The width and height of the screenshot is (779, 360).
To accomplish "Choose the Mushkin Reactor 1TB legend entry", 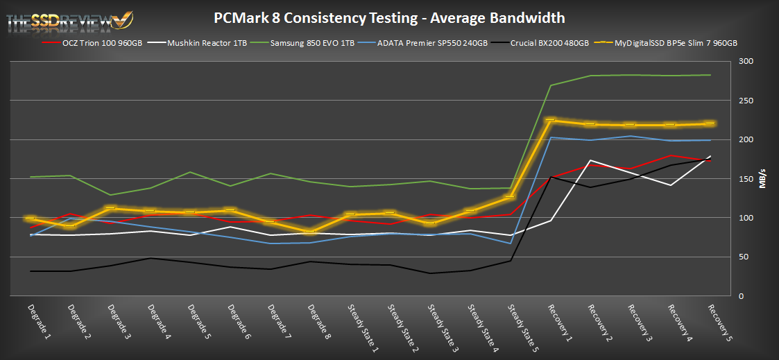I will point(207,43).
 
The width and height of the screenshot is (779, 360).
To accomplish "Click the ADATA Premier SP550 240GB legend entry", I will point(434,43).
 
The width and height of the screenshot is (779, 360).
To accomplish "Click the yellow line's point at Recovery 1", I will point(550,120).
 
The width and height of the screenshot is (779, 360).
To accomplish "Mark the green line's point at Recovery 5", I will point(710,75).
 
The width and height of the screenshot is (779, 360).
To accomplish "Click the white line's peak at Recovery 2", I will point(590,160).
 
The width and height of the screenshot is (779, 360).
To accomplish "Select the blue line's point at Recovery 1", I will point(550,137).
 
